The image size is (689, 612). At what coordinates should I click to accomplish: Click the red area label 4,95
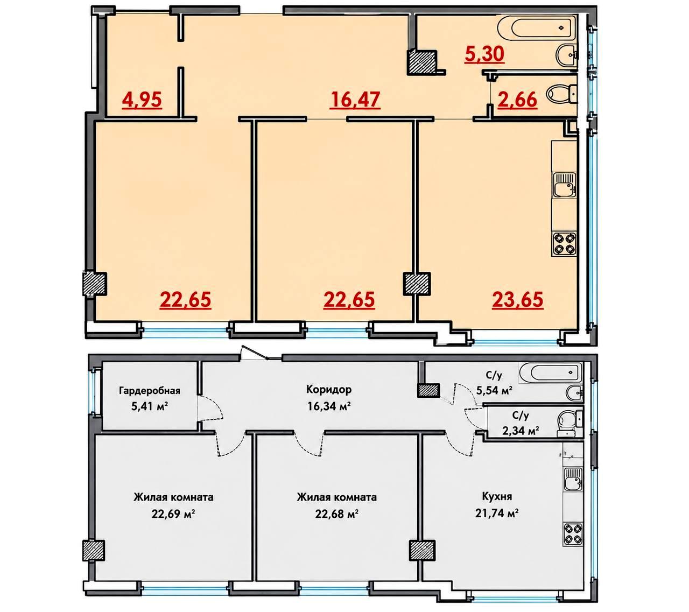[142, 100]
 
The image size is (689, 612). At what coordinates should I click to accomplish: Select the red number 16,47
[355, 100]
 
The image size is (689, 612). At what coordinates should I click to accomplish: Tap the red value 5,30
[484, 54]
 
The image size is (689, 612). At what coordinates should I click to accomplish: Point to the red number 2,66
[517, 100]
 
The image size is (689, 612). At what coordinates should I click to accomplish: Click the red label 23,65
[517, 300]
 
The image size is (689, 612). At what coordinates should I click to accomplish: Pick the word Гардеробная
[149, 391]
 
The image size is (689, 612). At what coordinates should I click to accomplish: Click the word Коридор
[328, 389]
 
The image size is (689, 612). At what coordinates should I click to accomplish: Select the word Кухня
[497, 497]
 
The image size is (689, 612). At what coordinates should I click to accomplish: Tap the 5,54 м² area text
[494, 391]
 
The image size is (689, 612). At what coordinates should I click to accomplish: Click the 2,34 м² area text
[521, 431]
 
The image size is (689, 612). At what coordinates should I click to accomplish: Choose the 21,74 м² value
[496, 512]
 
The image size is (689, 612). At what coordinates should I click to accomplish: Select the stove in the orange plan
[564, 244]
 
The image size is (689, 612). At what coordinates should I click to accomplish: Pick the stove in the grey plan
[573, 533]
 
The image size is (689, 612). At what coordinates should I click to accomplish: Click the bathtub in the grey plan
[550, 374]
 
